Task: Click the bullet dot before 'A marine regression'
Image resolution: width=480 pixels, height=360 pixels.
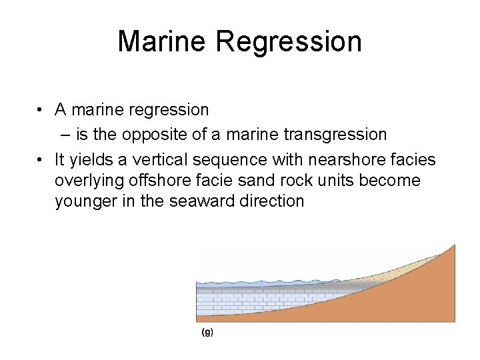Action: pyautogui.click(x=41, y=109)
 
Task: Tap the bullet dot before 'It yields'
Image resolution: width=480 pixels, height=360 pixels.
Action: pyautogui.click(x=41, y=160)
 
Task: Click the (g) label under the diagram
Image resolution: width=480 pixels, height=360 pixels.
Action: pyautogui.click(x=207, y=332)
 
